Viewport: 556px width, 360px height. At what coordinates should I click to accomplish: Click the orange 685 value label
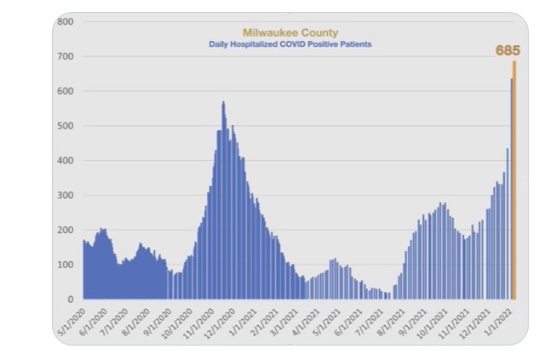pyautogui.click(x=507, y=51)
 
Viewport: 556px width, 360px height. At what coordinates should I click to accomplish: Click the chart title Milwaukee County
pyautogui.click(x=290, y=33)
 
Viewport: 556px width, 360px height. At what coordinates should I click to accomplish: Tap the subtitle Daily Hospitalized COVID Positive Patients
pyautogui.click(x=290, y=44)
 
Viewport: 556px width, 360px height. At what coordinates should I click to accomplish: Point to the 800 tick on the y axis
pyautogui.click(x=65, y=21)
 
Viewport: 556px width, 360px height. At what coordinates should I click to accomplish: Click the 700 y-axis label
pyautogui.click(x=65, y=56)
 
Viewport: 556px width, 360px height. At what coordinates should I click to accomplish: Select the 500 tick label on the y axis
pyautogui.click(x=65, y=126)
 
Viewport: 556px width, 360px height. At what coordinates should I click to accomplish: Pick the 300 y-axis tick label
pyautogui.click(x=65, y=195)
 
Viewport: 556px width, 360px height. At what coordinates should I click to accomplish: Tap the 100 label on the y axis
pyautogui.click(x=65, y=265)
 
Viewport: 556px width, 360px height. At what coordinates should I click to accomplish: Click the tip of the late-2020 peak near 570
pyautogui.click(x=223, y=103)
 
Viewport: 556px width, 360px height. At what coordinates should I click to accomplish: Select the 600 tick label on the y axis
pyautogui.click(x=65, y=91)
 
